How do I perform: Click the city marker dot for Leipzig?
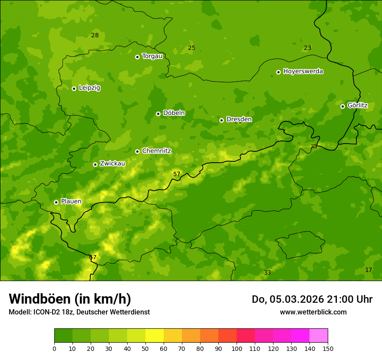tap(74, 88)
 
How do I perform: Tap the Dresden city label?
tap(239, 119)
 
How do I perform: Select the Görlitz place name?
tap(357, 105)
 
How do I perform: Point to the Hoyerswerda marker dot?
tap(278, 72)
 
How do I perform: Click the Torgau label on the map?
tap(152, 56)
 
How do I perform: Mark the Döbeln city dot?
tap(158, 114)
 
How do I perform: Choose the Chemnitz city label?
tap(156, 151)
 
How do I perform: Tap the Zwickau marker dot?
tap(95, 164)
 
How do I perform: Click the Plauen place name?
tap(71, 201)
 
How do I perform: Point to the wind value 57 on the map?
tap(177, 174)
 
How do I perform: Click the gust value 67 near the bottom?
tap(92, 257)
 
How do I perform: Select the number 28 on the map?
tap(95, 35)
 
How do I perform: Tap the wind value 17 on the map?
tap(369, 270)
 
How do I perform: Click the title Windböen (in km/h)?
tap(70, 299)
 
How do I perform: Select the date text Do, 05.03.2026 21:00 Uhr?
tap(312, 299)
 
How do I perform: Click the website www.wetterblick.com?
tap(313, 312)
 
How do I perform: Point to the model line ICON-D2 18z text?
tap(79, 312)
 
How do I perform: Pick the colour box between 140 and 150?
tap(319, 335)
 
